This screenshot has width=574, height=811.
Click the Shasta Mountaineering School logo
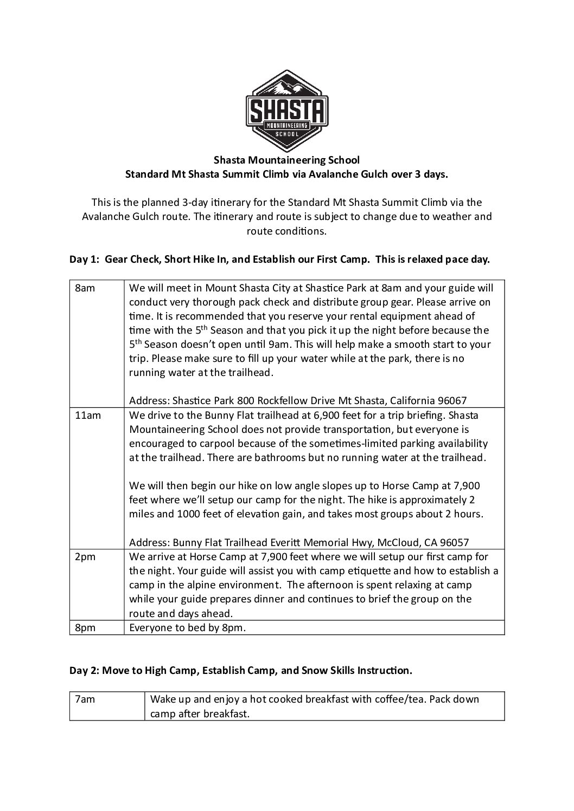click(287, 111)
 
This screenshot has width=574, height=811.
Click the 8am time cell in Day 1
click(85, 288)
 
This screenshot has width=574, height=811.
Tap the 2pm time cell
click(85, 557)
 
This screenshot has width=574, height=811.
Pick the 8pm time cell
click(85, 628)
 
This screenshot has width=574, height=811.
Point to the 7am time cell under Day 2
click(85, 699)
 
